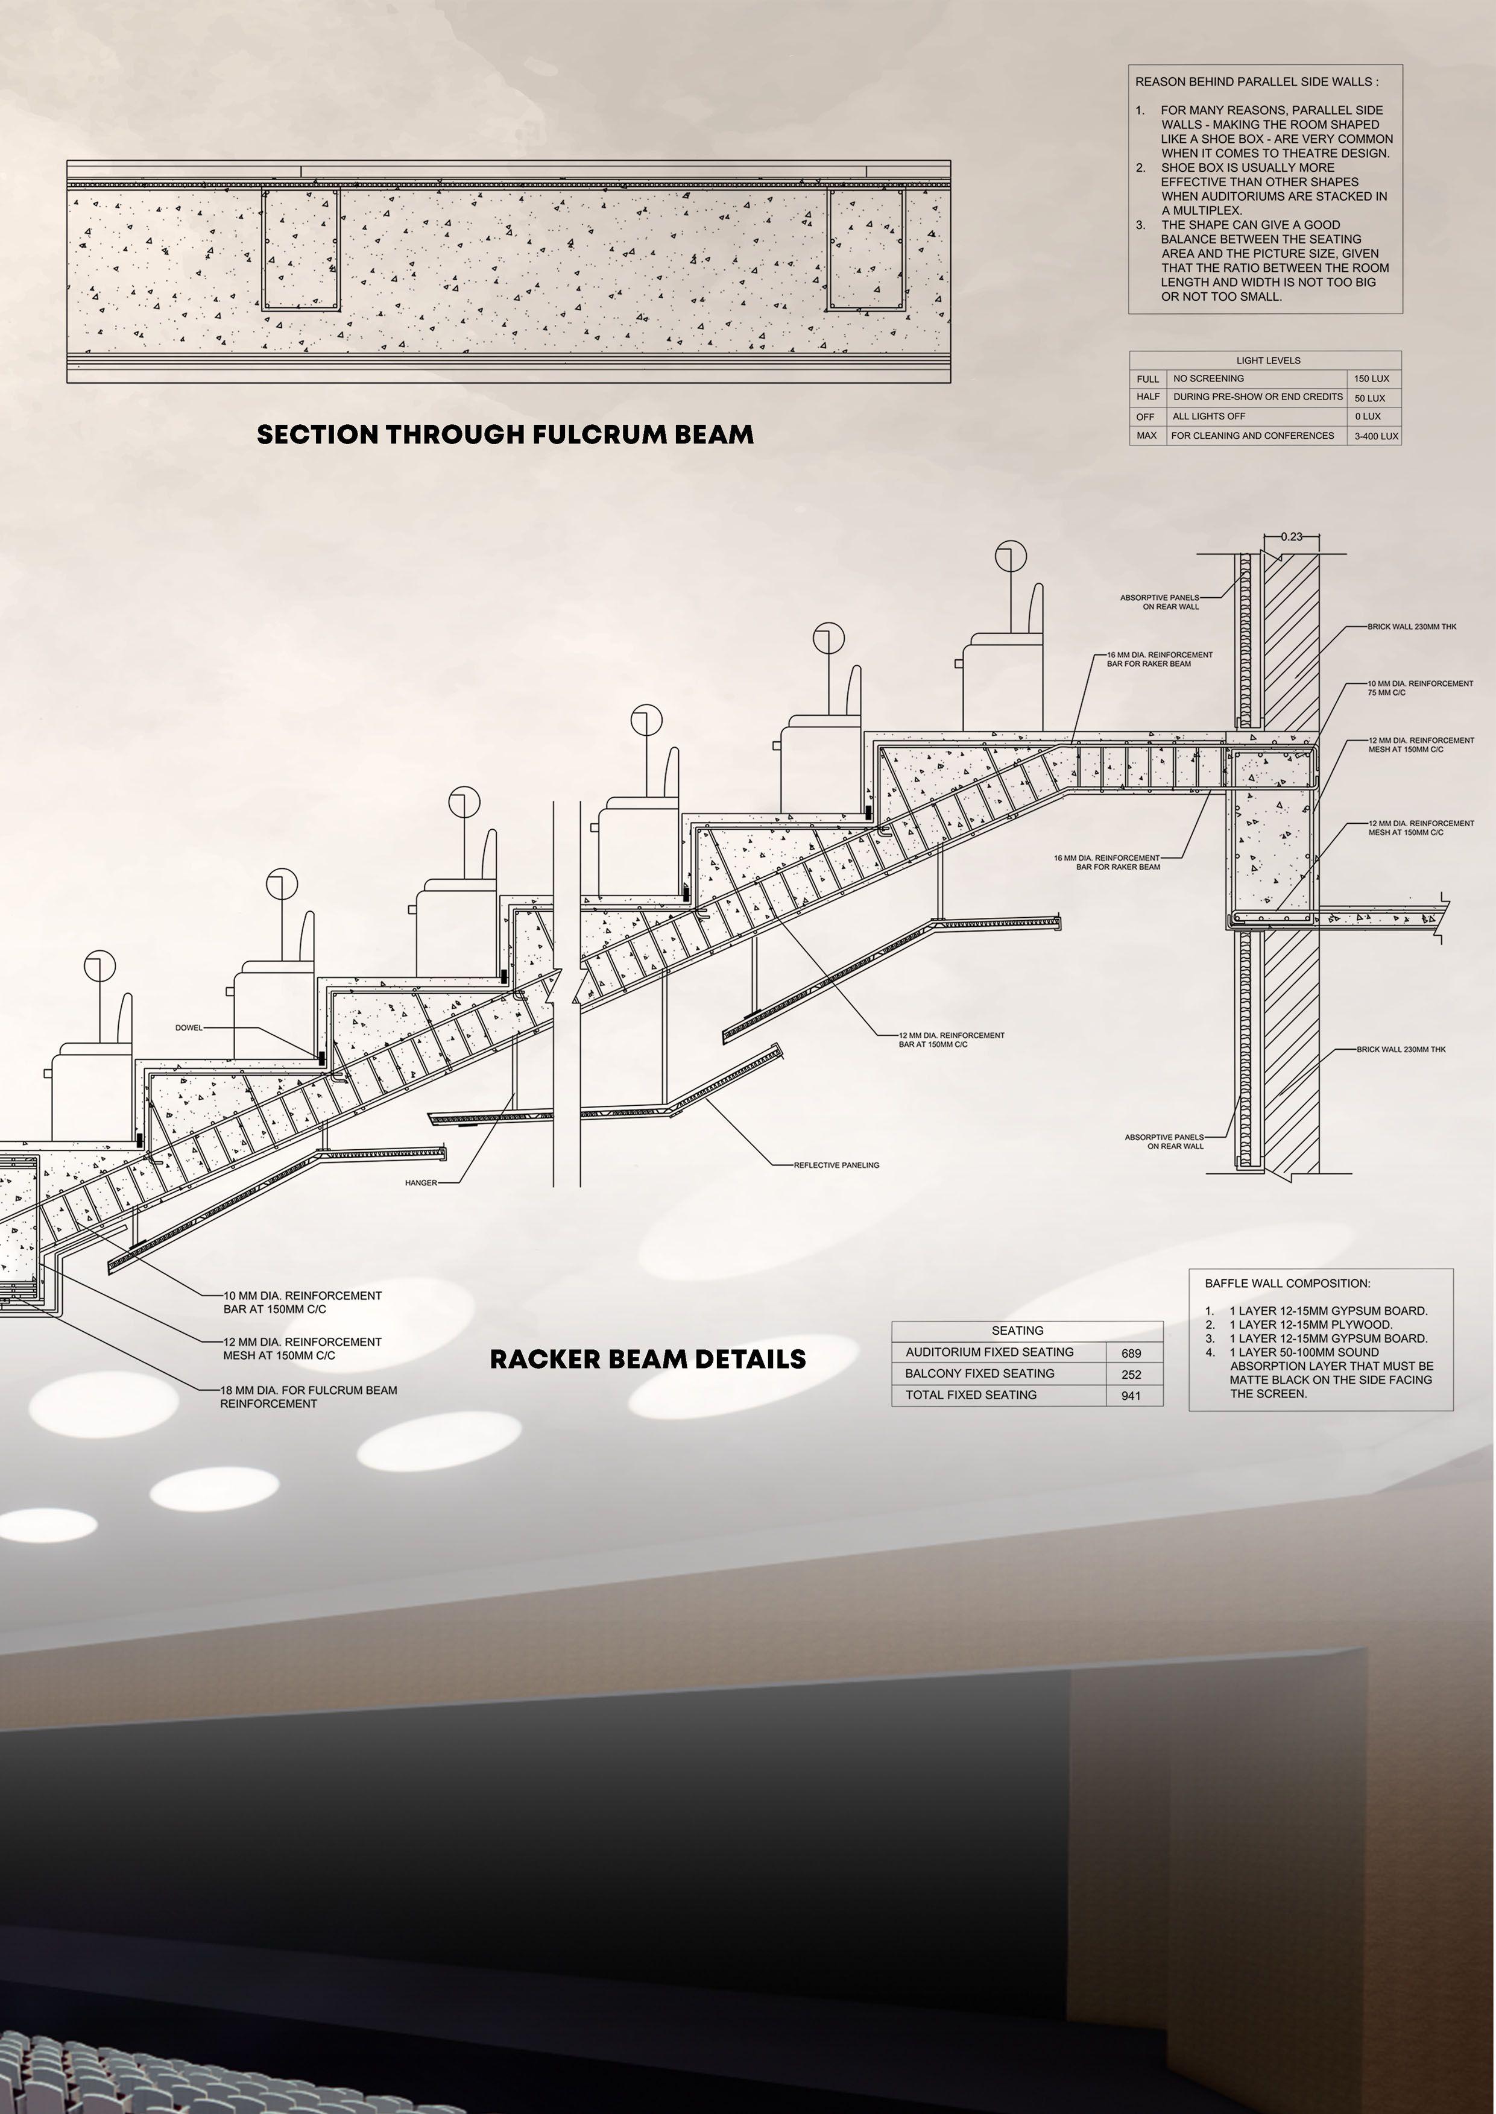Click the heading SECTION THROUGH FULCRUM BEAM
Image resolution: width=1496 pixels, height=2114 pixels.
[x=505, y=434]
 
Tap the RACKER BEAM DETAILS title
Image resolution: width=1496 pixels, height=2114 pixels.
[x=648, y=1359]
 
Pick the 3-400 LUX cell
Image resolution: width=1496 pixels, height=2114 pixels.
[x=1375, y=436]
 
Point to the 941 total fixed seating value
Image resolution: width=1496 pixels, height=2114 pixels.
[x=1131, y=1396]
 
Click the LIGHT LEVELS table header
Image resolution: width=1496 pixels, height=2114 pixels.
[x=1267, y=360]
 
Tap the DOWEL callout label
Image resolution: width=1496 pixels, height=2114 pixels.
[x=189, y=1027]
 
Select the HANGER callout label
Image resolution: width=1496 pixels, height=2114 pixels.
[x=421, y=1183]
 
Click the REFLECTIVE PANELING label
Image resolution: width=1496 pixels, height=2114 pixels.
[x=836, y=1165]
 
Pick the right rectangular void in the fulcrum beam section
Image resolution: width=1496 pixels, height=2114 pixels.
[x=864, y=249]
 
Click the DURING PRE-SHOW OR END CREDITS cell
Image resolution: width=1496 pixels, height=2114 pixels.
[x=1257, y=397]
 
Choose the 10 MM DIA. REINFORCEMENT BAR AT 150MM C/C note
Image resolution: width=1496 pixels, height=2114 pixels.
[x=302, y=1302]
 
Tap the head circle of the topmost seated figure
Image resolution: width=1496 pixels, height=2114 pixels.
[x=1011, y=556]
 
